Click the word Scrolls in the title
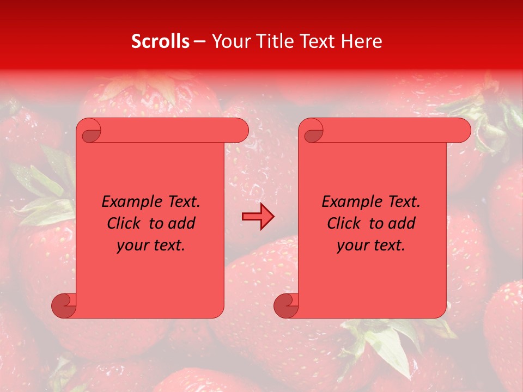click(x=160, y=41)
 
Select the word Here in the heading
click(x=362, y=41)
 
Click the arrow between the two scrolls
click(x=258, y=217)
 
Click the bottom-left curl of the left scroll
click(x=63, y=306)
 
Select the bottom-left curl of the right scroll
click(x=285, y=306)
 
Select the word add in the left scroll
click(x=182, y=224)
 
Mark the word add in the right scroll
click(x=402, y=224)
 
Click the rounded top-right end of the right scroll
click(x=461, y=131)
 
